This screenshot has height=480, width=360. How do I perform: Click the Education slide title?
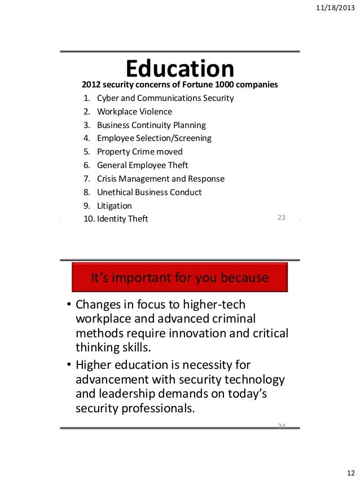click(179, 69)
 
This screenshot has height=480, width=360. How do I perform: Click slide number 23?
click(282, 218)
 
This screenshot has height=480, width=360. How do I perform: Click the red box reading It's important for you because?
click(179, 279)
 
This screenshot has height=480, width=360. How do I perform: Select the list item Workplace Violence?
click(134, 112)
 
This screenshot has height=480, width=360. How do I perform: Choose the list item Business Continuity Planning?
click(151, 125)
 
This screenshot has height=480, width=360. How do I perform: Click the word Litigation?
click(114, 206)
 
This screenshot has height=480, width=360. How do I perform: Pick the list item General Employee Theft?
click(142, 165)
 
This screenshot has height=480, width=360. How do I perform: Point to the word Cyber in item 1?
click(107, 98)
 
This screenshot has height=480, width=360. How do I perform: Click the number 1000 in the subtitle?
click(212, 85)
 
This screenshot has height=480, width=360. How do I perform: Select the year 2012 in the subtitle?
click(92, 85)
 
